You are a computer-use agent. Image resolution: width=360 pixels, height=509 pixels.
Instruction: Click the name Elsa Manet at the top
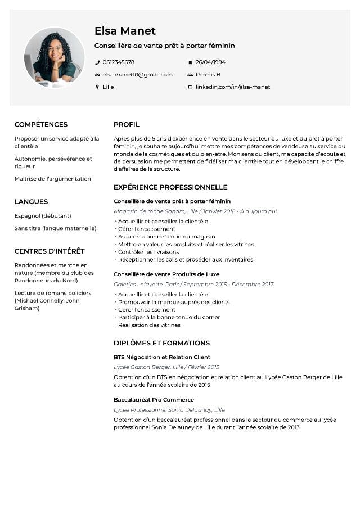(x=125, y=31)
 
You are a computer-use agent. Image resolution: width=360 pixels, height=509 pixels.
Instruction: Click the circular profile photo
(x=54, y=57)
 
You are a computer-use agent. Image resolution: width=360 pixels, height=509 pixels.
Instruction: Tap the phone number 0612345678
(x=118, y=62)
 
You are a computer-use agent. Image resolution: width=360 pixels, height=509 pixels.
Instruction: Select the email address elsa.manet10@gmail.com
(x=137, y=75)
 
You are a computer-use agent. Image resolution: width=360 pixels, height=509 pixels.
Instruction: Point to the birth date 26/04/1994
(x=210, y=62)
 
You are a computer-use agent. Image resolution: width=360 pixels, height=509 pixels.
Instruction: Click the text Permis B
(x=208, y=75)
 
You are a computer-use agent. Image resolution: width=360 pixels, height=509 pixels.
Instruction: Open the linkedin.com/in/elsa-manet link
(x=233, y=87)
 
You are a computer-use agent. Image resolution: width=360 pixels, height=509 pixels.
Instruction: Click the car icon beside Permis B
(x=190, y=75)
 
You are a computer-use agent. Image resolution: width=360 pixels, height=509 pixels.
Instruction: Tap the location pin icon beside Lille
(x=97, y=87)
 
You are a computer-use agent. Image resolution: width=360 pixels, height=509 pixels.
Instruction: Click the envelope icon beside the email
(x=97, y=75)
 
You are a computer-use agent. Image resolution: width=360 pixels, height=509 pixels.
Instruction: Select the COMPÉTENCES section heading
(x=41, y=124)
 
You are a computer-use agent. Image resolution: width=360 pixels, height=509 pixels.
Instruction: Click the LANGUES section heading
(x=31, y=201)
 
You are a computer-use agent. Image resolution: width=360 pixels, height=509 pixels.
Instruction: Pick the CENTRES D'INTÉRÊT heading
(x=49, y=251)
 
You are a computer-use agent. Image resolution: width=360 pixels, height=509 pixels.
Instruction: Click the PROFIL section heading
(x=127, y=124)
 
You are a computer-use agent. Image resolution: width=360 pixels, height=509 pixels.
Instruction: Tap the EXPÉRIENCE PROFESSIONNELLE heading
(x=170, y=187)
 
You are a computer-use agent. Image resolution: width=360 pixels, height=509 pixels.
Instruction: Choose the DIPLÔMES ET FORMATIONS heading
(x=161, y=343)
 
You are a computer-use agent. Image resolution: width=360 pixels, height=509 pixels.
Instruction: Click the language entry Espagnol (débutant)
(x=43, y=216)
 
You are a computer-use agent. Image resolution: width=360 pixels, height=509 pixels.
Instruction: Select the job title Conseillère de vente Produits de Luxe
(x=166, y=274)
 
